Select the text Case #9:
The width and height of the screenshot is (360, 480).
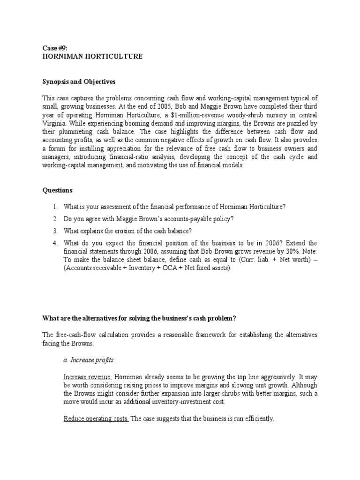click(x=55, y=48)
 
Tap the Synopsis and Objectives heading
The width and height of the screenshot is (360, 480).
click(x=79, y=82)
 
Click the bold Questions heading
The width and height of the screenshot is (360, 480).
click(x=58, y=190)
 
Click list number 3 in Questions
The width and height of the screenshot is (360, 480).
click(x=55, y=231)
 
